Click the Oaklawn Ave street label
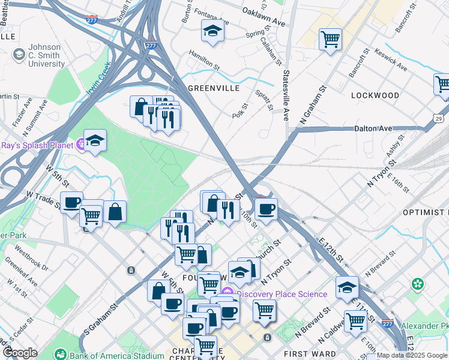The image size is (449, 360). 263,11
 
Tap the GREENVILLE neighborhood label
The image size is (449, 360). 214,88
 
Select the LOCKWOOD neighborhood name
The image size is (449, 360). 375,95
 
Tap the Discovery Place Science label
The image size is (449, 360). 282,294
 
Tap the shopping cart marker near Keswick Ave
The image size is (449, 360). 330,39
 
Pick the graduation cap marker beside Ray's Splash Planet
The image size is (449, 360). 95,140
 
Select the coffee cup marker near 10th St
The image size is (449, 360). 266,209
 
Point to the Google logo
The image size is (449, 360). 19,353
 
